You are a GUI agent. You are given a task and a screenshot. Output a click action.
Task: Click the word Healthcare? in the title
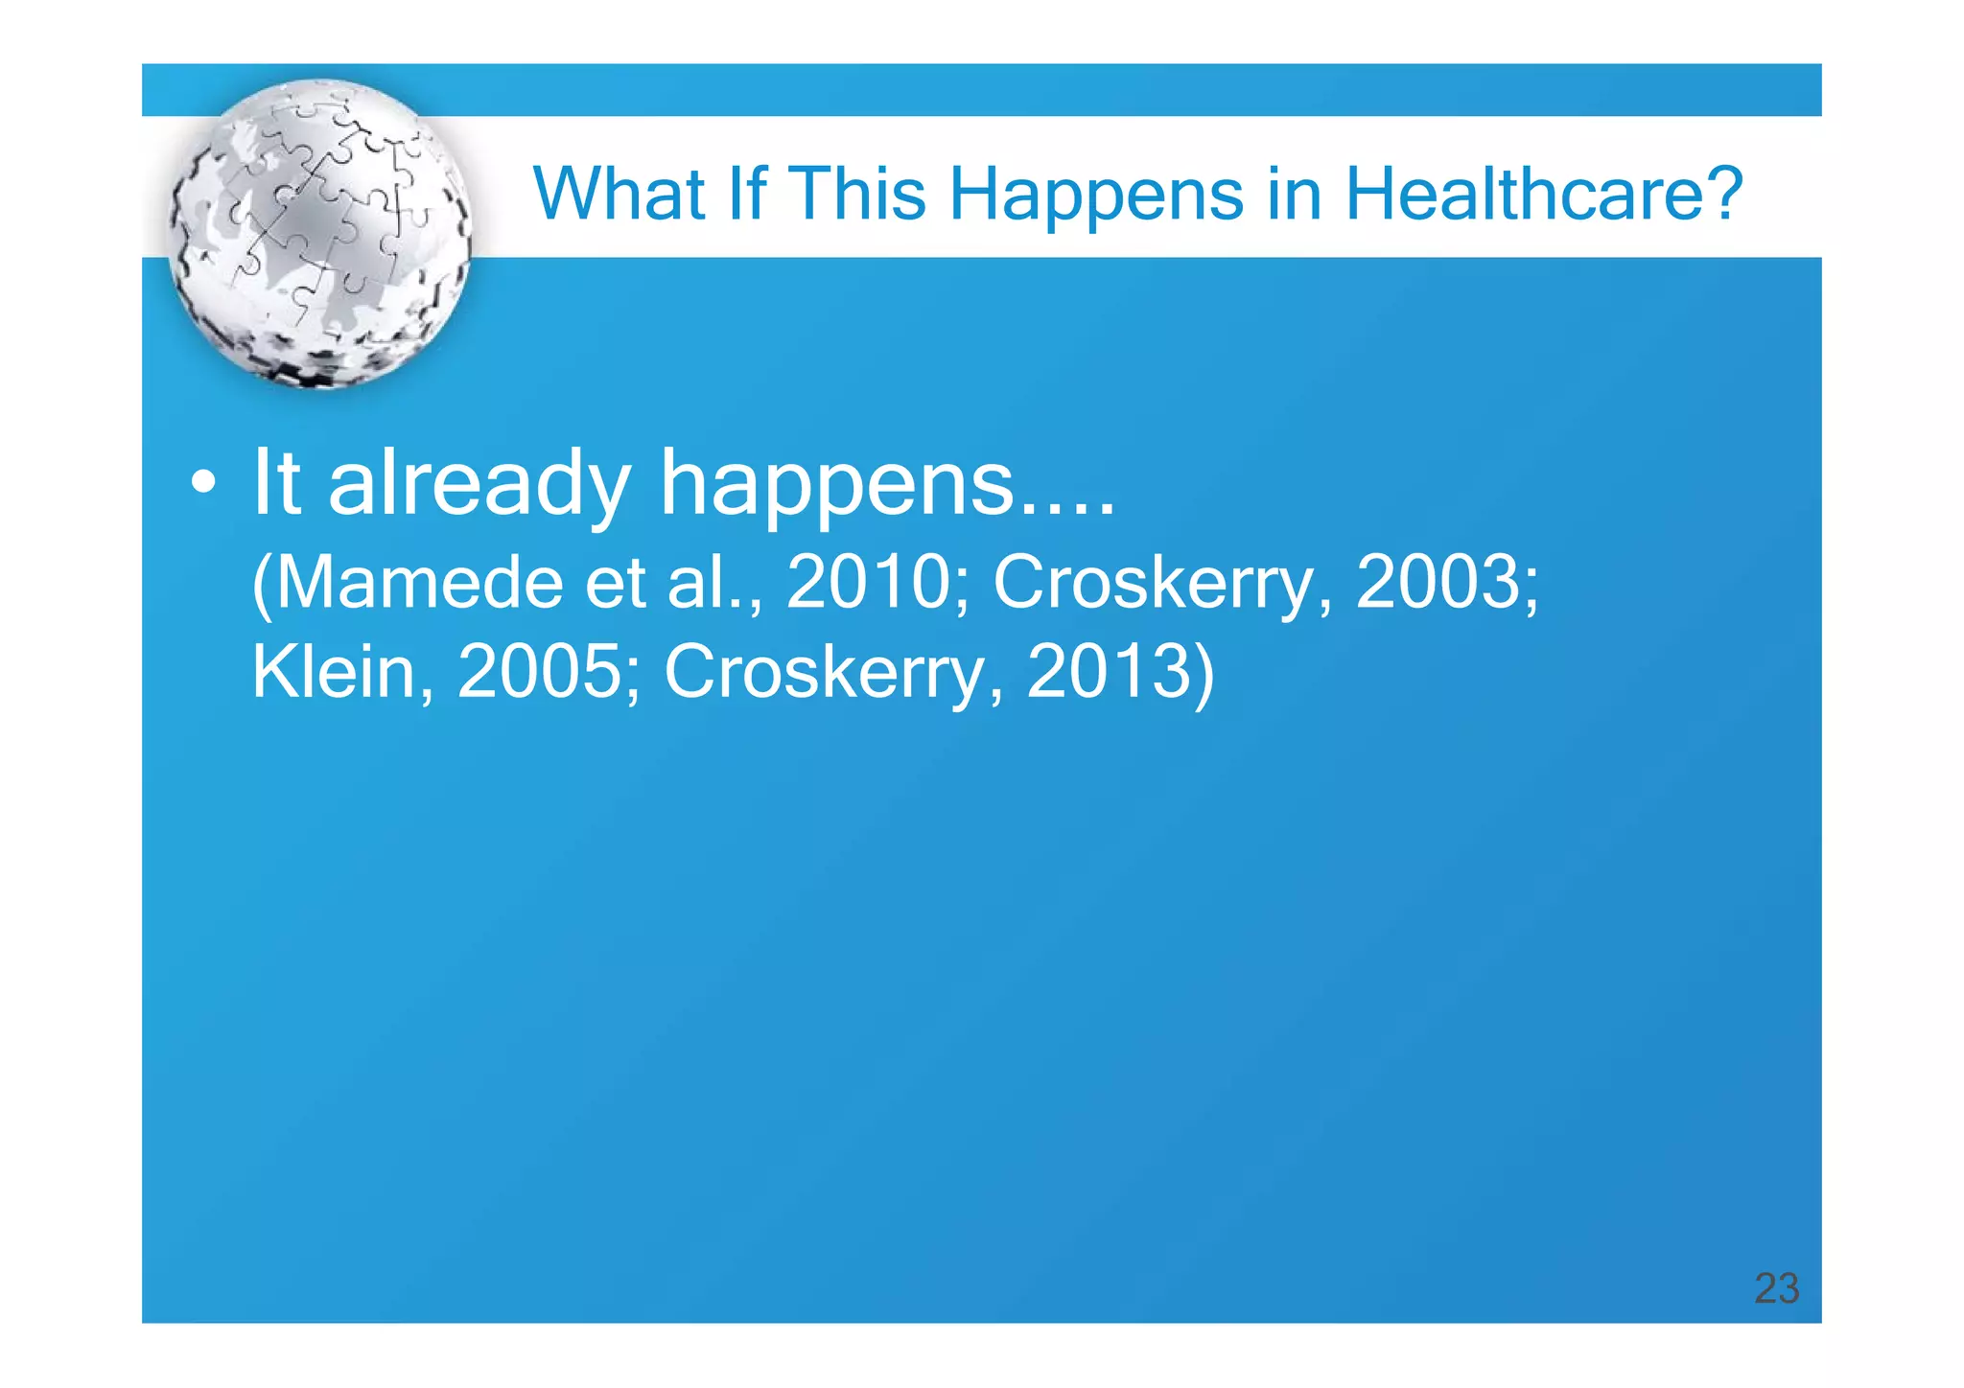click(1543, 195)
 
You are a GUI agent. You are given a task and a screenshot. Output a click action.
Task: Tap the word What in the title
click(619, 195)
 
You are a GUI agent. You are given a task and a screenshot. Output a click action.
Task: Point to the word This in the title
click(857, 195)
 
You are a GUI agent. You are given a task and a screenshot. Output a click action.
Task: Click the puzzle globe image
click(319, 233)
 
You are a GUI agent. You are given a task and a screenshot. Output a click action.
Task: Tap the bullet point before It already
click(202, 483)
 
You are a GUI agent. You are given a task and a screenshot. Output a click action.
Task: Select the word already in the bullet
click(479, 485)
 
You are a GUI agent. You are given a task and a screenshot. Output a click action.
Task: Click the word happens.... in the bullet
click(888, 485)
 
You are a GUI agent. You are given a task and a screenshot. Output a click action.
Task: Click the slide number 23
click(1776, 1288)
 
